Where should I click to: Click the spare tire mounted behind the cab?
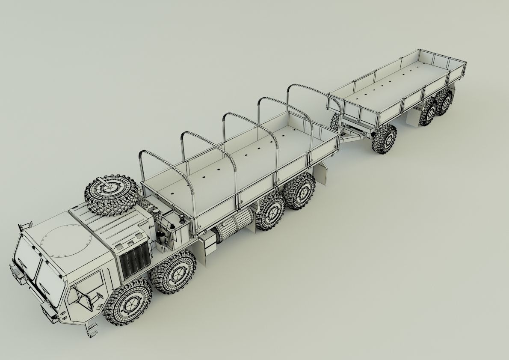pyautogui.click(x=112, y=194)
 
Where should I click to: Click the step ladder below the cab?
pyautogui.click(x=92, y=329)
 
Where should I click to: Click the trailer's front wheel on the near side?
pyautogui.click(x=385, y=139)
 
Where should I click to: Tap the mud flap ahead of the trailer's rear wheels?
pyautogui.click(x=411, y=118)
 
